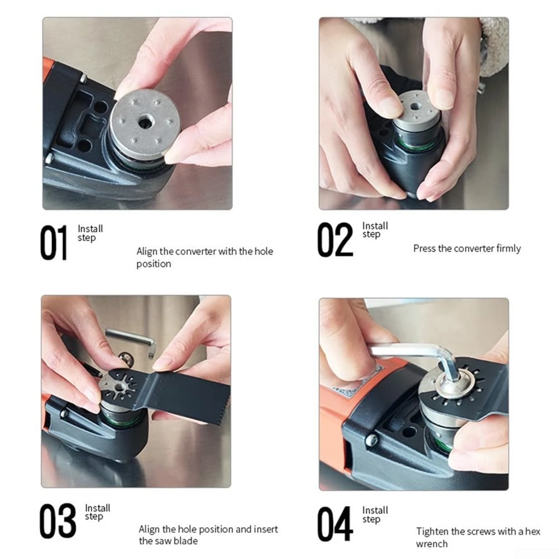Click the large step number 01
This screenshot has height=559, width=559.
tap(54, 243)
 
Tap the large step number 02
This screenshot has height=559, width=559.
tap(335, 240)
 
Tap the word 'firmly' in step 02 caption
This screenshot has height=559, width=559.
tap(508, 249)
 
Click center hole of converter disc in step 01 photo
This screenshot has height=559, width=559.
tap(145, 122)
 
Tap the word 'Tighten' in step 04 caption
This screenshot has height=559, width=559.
tap(433, 532)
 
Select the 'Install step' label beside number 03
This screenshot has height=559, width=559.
tap(97, 512)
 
